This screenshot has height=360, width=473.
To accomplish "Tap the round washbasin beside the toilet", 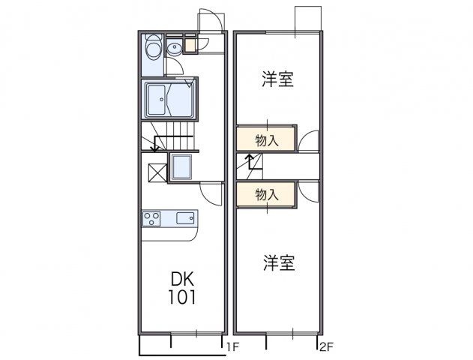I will (174, 49).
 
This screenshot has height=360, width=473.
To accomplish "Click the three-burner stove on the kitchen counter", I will (151, 218).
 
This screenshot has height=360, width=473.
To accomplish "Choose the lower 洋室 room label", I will (278, 263).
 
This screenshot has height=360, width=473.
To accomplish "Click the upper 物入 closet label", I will (267, 140).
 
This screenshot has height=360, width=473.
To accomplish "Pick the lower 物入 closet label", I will (267, 195).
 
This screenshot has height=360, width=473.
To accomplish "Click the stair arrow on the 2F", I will (248, 160).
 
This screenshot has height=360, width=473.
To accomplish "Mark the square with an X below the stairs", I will (157, 172).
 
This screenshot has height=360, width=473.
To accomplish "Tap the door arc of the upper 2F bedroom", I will (309, 140).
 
